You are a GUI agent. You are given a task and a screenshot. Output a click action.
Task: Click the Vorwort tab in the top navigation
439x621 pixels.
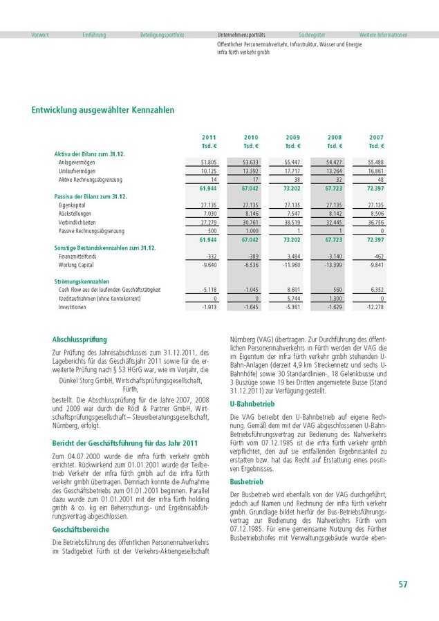point(40,35)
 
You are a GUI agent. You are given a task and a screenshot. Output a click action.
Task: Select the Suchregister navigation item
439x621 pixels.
point(312,35)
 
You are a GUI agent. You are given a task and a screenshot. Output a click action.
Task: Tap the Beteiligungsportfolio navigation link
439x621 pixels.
point(162,35)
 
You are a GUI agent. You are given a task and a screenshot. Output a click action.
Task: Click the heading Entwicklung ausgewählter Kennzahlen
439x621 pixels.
point(103,110)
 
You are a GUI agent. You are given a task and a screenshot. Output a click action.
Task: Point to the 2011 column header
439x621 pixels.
point(209,138)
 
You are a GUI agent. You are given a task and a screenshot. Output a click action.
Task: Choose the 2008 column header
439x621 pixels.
point(335,138)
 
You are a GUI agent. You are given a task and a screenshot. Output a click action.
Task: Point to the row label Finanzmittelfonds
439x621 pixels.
point(77,256)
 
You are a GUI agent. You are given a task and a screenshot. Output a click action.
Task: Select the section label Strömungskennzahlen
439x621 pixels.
point(82,281)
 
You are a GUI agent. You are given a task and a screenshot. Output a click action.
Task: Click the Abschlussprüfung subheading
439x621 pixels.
point(80,340)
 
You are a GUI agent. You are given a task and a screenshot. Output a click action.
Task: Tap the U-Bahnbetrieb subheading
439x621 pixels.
point(252,404)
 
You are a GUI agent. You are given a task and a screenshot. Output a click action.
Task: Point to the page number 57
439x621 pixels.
point(402,585)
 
